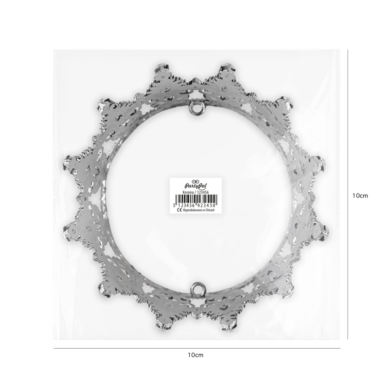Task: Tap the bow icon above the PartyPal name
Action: (x=195, y=181)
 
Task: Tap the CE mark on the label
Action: (x=180, y=210)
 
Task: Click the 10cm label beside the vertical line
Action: (x=360, y=196)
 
